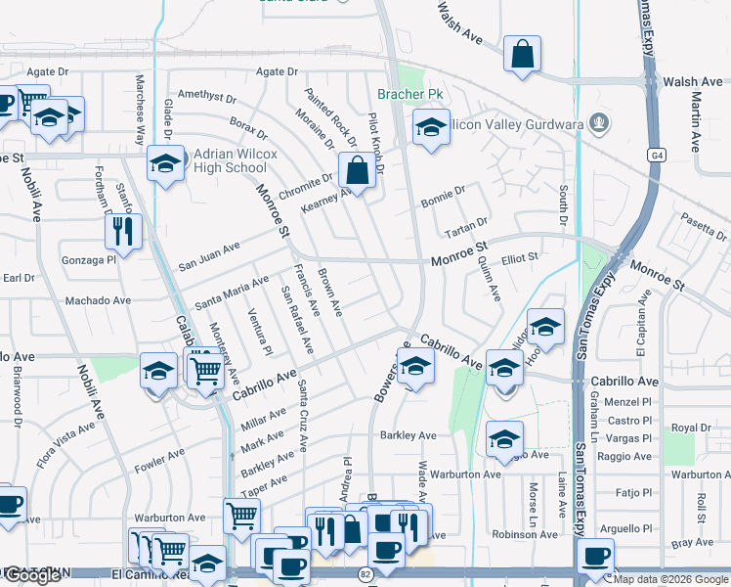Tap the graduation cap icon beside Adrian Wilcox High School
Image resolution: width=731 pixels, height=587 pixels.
pyautogui.click(x=166, y=163)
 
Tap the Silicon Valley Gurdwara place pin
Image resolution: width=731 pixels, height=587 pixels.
pyautogui.click(x=600, y=123)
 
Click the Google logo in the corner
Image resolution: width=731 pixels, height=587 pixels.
pyautogui.click(x=32, y=575)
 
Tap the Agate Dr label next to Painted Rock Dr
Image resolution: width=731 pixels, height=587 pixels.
pyautogui.click(x=277, y=71)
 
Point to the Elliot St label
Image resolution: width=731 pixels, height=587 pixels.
pyautogui.click(x=520, y=257)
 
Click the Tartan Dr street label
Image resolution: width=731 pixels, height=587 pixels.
pyautogui.click(x=466, y=226)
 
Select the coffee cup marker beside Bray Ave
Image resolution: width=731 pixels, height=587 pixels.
pyautogui.click(x=595, y=556)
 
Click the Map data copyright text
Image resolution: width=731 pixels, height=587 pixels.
pyautogui.click(x=670, y=579)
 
